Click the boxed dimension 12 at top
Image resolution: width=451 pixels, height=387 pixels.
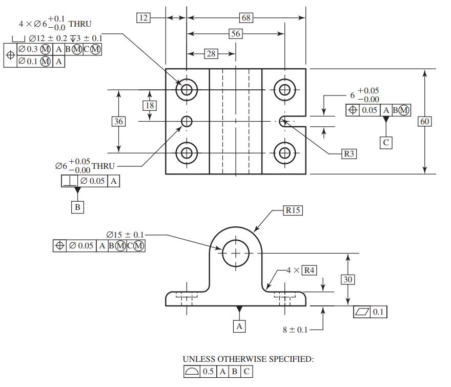[x=143, y=18]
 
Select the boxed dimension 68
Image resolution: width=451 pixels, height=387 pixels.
[x=246, y=18]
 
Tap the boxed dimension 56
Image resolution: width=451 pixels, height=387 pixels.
[x=235, y=34]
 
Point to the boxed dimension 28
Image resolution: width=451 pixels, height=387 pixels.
[x=211, y=53]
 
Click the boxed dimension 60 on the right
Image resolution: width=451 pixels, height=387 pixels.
[x=425, y=121]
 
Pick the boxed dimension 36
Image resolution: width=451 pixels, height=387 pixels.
[x=119, y=121]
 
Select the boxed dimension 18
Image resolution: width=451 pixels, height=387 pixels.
[x=150, y=105]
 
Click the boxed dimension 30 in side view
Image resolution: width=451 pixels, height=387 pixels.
[x=348, y=279]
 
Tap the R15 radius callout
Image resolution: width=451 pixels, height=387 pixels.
[x=293, y=210]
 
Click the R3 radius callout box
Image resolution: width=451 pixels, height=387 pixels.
[x=349, y=153]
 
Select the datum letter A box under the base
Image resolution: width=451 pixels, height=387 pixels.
[x=239, y=325]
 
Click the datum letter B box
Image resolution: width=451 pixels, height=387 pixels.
[x=77, y=207]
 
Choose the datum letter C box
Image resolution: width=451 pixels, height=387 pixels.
[x=386, y=143]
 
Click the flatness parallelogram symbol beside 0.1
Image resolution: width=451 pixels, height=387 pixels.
[x=362, y=312]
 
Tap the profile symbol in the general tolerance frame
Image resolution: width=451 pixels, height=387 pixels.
[x=192, y=372]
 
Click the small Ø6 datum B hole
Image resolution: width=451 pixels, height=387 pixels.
[x=187, y=121]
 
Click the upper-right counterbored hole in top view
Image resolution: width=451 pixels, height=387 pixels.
[x=283, y=90]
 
